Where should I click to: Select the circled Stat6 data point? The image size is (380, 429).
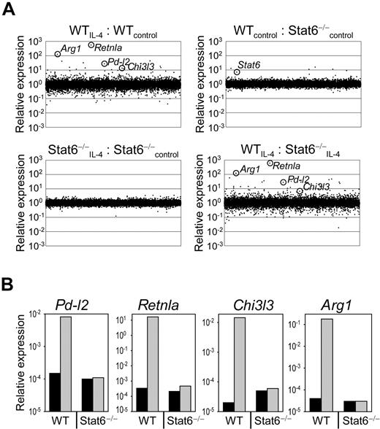(x=237, y=72)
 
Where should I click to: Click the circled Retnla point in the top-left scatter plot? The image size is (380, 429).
(x=91, y=45)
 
